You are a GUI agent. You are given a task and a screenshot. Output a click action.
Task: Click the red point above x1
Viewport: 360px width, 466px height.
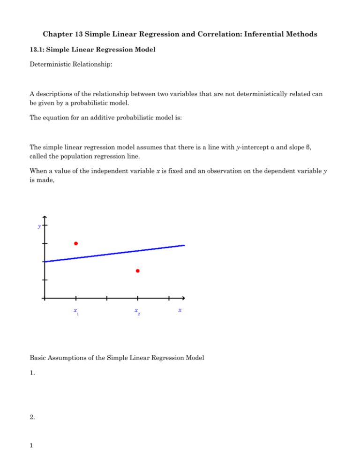pos(75,243)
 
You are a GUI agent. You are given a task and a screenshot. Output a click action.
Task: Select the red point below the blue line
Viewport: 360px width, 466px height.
pos(137,271)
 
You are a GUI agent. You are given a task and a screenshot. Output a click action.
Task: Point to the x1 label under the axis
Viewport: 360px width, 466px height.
pos(76,311)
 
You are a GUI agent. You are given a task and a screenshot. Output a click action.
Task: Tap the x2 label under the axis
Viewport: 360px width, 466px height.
pos(137,311)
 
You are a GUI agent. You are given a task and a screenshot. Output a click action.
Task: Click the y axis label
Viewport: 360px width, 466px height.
pos(38,226)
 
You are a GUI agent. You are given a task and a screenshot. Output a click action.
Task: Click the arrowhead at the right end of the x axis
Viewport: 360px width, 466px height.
pos(183,298)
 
